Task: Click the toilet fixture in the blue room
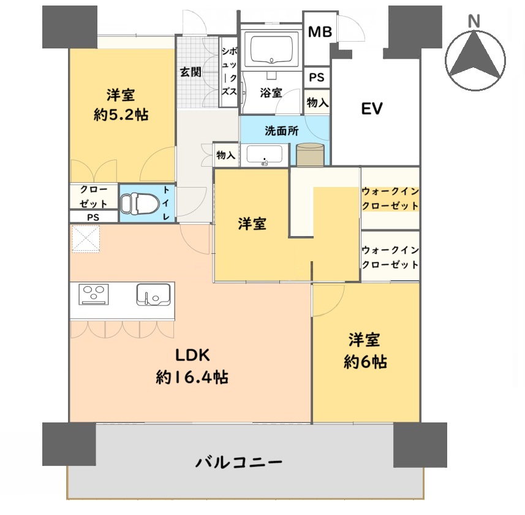pyautogui.click(x=140, y=203)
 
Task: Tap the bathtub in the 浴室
pyautogui.click(x=271, y=49)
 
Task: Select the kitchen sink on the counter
pyautogui.click(x=153, y=294)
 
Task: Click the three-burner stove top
pyautogui.click(x=94, y=294)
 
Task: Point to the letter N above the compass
pyautogui.click(x=474, y=21)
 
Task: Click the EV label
pyautogui.click(x=372, y=109)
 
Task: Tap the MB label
pyautogui.click(x=320, y=32)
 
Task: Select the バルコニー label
pyautogui.click(x=239, y=462)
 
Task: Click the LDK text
pyautogui.click(x=192, y=355)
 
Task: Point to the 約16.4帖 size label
pyautogui.click(x=192, y=378)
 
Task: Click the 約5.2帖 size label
pyautogui.click(x=121, y=115)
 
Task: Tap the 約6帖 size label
pyautogui.click(x=365, y=362)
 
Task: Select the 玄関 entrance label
pyautogui.click(x=191, y=72)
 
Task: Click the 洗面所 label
pyautogui.click(x=281, y=131)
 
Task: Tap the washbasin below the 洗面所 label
pyautogui.click(x=265, y=155)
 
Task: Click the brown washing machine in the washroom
pyautogui.click(x=310, y=154)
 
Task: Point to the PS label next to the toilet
pyautogui.click(x=93, y=218)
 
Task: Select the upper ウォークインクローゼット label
pyautogui.click(x=390, y=199)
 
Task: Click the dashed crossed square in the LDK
pyautogui.click(x=86, y=238)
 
